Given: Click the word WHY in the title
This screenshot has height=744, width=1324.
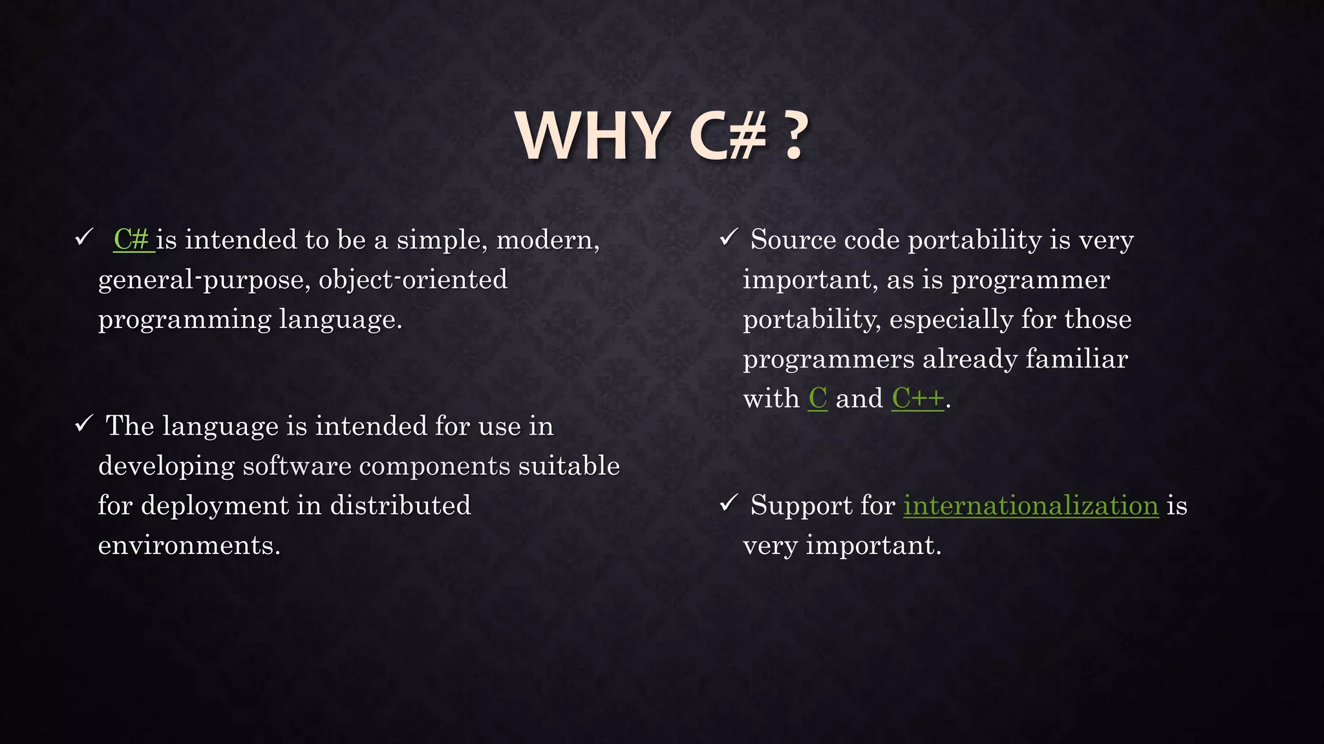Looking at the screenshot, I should click(x=593, y=136).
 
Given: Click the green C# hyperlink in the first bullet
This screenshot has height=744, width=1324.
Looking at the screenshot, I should click(x=133, y=240).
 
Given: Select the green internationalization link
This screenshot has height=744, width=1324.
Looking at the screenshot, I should click(x=1030, y=506).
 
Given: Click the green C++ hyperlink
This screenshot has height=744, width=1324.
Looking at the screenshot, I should click(x=917, y=398).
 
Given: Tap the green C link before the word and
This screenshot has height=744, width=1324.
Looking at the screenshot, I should click(x=818, y=398).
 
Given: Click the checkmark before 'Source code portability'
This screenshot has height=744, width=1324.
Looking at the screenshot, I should click(x=729, y=238).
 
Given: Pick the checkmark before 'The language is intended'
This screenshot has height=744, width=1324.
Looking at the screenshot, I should click(x=84, y=424).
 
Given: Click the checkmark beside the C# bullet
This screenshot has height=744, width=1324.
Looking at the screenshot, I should click(x=84, y=238).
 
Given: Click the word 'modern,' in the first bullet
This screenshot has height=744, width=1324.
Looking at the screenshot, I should click(x=548, y=240).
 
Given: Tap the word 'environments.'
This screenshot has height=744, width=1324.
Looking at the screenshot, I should click(x=189, y=546).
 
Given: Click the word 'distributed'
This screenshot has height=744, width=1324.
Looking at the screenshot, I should click(x=400, y=506).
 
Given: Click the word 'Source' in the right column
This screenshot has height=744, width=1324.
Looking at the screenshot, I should click(x=793, y=240).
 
